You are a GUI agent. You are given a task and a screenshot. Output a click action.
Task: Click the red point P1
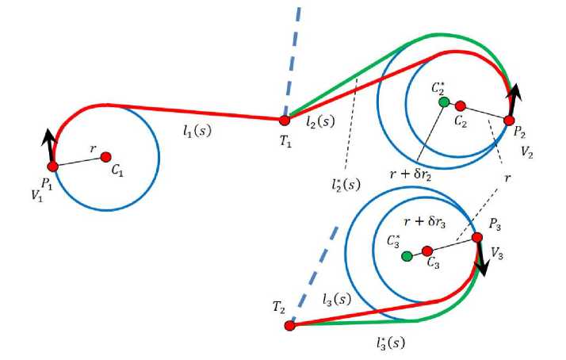[x=53, y=166]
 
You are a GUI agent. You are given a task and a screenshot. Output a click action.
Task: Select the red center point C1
[x=105, y=157]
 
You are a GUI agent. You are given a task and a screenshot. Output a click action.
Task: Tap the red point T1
[x=284, y=121]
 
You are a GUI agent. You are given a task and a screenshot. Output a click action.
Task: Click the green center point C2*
[x=444, y=101]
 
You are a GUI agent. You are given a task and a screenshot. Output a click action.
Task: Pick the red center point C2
[x=460, y=105]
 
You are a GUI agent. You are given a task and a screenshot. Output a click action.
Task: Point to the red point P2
[x=509, y=121]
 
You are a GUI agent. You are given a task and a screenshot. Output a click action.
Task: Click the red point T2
[x=289, y=325]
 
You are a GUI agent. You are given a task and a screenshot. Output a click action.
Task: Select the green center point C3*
[x=407, y=256]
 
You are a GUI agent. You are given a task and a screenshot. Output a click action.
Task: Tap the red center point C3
[x=427, y=251]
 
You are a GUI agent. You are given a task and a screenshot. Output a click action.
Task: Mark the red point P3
[x=476, y=237]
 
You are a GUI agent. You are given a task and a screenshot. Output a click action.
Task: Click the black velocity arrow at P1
[x=49, y=147]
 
